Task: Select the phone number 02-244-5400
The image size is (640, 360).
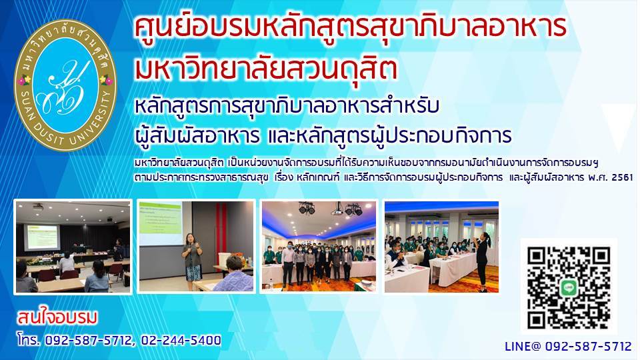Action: [x=181, y=340]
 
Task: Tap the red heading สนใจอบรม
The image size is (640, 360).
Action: [x=57, y=318]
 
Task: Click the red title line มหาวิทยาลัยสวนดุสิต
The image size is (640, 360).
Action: [x=266, y=69]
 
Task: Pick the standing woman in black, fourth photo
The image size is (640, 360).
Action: [x=483, y=262]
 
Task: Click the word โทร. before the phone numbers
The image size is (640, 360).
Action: [x=29, y=339]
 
